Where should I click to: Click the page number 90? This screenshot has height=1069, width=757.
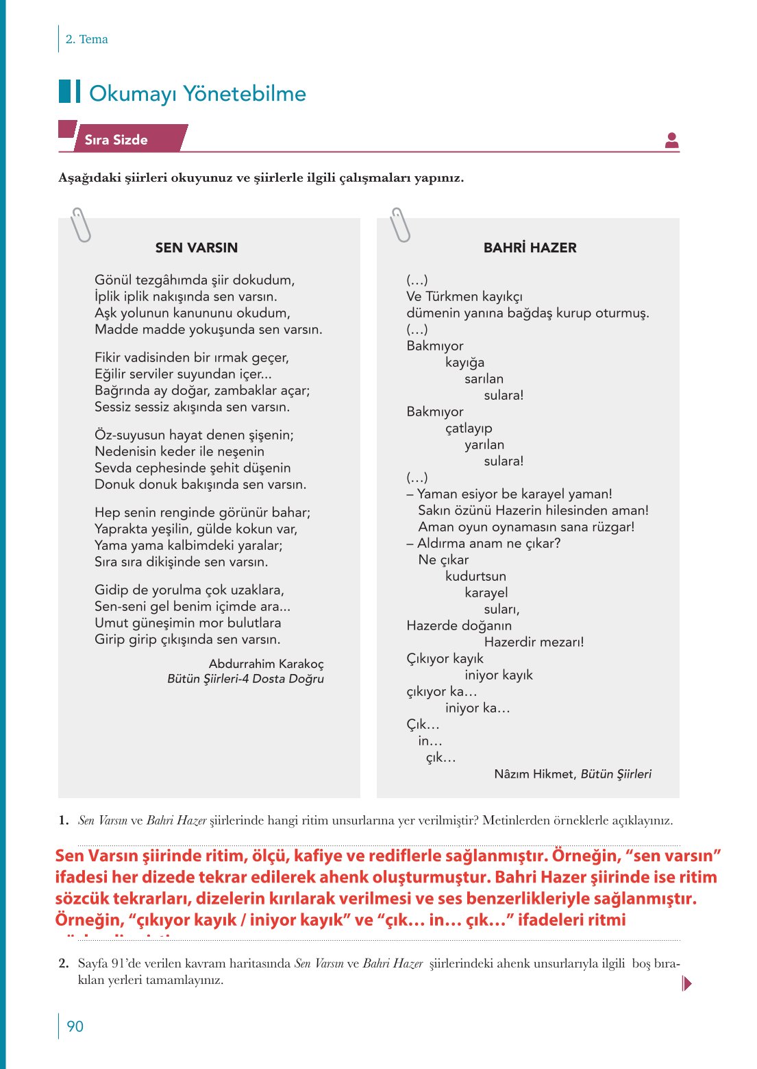(75, 1026)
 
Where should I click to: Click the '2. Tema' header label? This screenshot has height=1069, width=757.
(86, 39)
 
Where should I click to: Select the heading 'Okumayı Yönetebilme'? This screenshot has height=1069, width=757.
(197, 93)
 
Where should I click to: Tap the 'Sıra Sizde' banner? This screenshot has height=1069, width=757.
(116, 140)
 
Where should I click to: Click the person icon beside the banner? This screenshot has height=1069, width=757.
(671, 141)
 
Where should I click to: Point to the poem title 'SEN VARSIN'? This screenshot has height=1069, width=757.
(197, 248)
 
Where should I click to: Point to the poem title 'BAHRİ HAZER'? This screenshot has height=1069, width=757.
(530, 248)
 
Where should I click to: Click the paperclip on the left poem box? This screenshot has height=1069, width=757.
(81, 225)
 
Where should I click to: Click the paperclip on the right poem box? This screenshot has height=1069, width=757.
(399, 225)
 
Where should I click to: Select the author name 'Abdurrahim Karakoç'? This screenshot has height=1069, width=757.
(266, 664)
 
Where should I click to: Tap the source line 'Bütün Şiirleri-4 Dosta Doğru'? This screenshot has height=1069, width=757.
(245, 679)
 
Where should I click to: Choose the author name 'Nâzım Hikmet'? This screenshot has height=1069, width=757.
(535, 774)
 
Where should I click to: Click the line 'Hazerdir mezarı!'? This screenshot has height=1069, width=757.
(534, 642)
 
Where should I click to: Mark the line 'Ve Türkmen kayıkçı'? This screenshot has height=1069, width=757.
(464, 297)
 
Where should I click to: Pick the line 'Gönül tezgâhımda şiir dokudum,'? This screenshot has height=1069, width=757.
(195, 280)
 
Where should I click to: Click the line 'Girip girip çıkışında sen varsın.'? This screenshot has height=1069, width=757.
(187, 640)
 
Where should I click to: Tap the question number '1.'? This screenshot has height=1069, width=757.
(64, 820)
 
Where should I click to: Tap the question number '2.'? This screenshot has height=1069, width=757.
(64, 963)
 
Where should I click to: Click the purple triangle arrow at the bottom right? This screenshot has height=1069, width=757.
(687, 984)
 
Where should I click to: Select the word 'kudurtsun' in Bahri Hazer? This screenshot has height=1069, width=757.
(475, 577)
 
